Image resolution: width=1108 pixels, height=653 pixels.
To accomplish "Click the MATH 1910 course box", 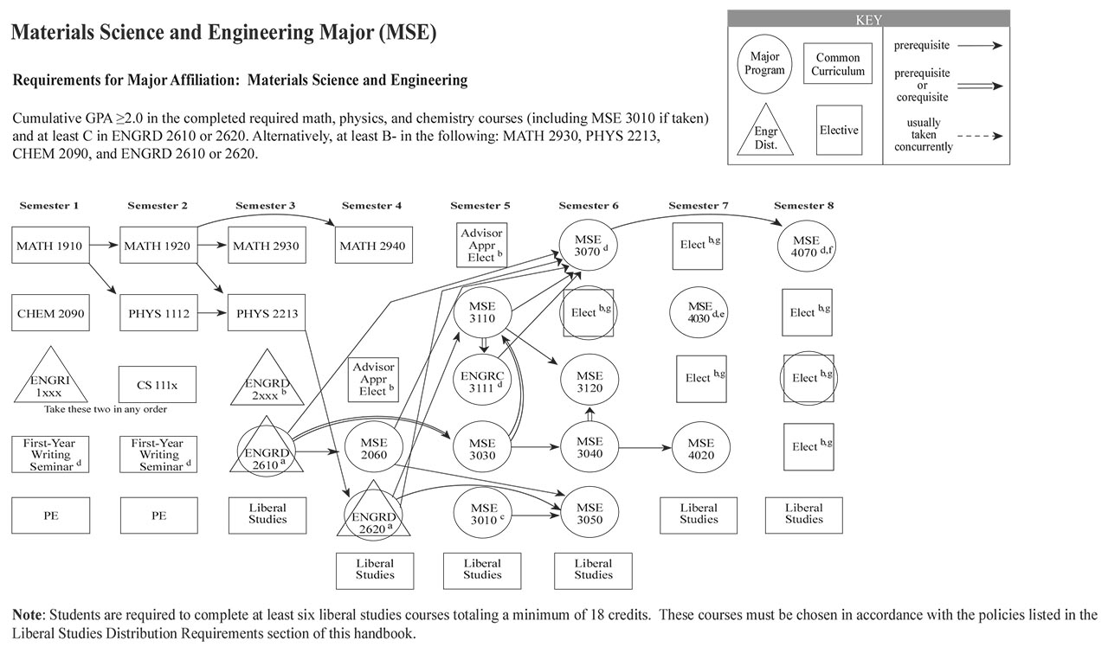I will click(x=49, y=246).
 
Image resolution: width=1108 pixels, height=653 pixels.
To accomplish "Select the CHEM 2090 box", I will click(x=49, y=313).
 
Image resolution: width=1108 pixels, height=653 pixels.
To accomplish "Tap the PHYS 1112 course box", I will click(x=158, y=313).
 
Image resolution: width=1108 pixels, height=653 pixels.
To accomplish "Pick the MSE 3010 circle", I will click(x=483, y=515).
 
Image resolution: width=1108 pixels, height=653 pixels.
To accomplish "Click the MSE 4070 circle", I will click(x=806, y=246).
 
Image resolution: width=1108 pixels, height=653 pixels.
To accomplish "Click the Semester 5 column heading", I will click(x=480, y=206).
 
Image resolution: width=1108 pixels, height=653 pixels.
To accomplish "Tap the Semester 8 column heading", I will click(x=804, y=206).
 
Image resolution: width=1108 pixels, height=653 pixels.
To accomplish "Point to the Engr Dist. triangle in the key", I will click(x=765, y=132).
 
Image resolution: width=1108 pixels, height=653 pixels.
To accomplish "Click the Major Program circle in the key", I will click(x=765, y=64).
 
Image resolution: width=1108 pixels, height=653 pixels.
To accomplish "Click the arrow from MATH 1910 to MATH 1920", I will click(x=102, y=246).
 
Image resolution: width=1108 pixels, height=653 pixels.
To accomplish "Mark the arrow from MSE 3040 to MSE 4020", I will click(x=646, y=449).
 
